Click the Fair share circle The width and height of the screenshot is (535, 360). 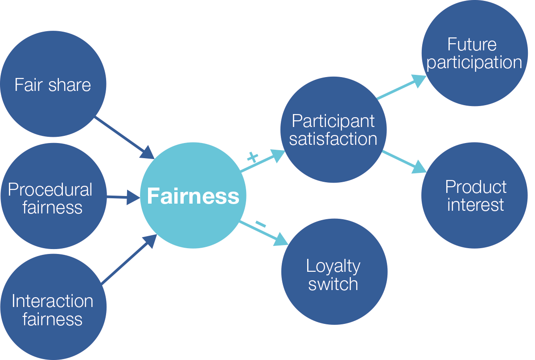click(x=53, y=85)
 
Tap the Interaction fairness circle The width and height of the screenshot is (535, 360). click(x=53, y=307)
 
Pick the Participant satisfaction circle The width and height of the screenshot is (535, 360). click(x=333, y=130)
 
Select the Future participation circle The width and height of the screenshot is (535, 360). click(x=474, y=53)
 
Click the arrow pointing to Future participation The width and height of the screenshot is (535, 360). click(x=401, y=87)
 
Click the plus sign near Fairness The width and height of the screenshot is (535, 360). click(x=252, y=156)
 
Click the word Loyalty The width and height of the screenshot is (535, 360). click(x=333, y=266)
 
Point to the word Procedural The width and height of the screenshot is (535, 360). click(x=50, y=190)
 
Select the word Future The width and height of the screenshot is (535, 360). click(x=472, y=45)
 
